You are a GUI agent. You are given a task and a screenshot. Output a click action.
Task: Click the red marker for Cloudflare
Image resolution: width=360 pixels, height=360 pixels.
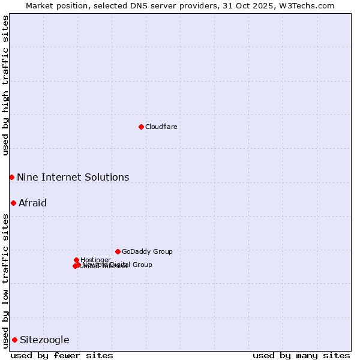[141, 127]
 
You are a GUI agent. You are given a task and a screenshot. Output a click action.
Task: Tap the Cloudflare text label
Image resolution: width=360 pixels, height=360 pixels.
[161, 127]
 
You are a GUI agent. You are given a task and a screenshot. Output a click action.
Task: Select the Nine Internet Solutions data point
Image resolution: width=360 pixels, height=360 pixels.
[11, 177]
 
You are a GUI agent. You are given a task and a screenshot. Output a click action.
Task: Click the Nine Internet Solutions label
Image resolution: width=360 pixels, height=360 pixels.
[73, 177]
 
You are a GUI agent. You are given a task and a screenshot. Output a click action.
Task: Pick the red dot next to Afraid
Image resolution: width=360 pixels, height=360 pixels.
[13, 203]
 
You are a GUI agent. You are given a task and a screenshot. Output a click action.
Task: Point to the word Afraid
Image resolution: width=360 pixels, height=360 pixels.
[32, 203]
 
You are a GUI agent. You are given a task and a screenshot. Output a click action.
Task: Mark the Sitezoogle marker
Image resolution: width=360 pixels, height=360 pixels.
[14, 340]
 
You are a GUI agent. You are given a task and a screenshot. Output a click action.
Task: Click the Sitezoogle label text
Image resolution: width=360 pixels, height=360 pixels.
[44, 340]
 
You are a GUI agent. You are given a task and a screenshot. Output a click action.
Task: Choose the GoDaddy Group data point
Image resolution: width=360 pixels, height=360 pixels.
[118, 251]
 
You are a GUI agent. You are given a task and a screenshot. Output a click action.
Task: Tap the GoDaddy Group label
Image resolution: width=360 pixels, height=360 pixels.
[147, 251]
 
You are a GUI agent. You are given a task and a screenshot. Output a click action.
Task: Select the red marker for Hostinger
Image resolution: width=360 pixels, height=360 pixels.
[76, 260]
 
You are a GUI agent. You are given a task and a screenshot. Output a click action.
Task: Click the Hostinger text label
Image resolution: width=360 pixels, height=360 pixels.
[95, 260]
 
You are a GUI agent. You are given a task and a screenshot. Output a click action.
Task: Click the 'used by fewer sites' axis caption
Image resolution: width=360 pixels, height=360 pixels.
[62, 355]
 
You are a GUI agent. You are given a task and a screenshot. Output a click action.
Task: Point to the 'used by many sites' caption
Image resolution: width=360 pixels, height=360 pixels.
[301, 355]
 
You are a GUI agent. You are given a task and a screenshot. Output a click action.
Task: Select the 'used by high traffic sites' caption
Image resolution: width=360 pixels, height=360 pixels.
[5, 85]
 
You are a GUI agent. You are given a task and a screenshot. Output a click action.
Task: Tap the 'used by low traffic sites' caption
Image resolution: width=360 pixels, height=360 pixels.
[5, 281]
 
